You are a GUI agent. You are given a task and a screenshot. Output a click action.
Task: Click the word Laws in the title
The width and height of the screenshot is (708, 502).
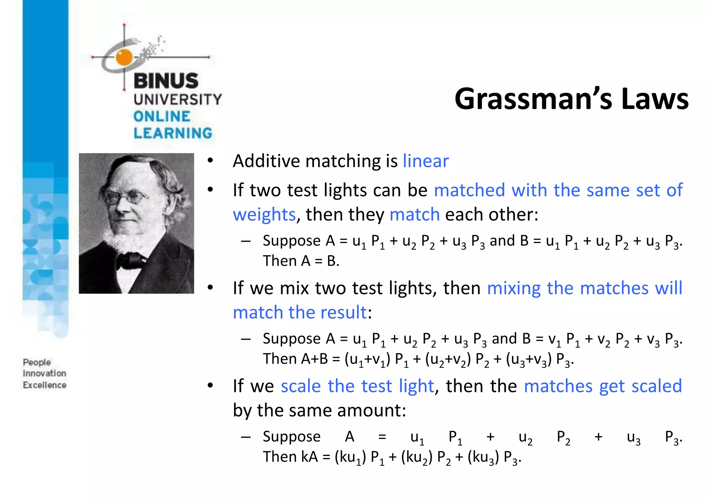pos(655,99)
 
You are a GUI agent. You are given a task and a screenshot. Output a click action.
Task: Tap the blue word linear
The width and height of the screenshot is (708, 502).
pos(426,161)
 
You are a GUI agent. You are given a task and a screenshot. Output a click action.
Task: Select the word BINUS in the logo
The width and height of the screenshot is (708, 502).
pos(166,81)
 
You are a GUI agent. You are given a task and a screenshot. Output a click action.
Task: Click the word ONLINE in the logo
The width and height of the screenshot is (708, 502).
pos(162,117)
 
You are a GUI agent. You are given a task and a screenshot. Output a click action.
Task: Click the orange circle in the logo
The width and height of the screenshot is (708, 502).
pos(124,57)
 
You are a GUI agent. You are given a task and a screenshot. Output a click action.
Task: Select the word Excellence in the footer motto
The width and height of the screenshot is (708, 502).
pos(45,385)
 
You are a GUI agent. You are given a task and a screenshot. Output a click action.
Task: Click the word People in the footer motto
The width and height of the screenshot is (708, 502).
pos(37,362)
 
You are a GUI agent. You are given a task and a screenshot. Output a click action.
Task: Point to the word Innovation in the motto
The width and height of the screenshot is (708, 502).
pos(45,374)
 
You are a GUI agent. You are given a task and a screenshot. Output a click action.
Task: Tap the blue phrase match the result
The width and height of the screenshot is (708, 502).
pos(299,313)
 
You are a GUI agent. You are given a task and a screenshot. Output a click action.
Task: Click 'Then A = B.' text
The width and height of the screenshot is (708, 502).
pos(301,261)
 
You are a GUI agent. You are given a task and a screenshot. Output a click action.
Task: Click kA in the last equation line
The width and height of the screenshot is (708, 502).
pos(309,457)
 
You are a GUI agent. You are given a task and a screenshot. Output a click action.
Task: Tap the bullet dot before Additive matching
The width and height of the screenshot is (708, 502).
pos(210,161)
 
